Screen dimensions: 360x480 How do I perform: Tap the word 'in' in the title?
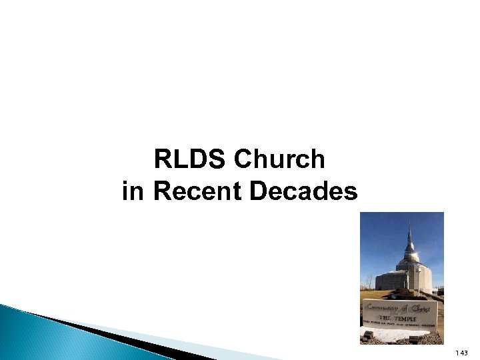tap(133, 192)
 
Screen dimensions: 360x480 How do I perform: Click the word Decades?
tap(303, 192)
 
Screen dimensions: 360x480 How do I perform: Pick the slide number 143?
tap(461, 353)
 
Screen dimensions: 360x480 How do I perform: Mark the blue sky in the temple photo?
tap(380, 240)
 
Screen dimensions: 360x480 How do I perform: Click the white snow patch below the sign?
tap(400, 335)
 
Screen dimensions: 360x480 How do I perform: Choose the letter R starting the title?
tap(161, 160)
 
